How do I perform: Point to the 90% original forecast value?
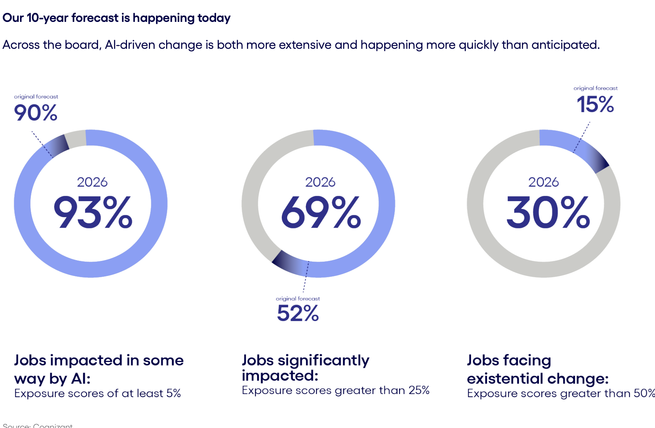click(36, 113)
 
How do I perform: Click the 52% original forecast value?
click(298, 313)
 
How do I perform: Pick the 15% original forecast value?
click(595, 104)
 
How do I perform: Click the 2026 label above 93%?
click(92, 182)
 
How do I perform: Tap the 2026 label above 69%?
click(320, 182)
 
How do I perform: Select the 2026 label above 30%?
click(543, 182)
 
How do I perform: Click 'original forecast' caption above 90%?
click(36, 96)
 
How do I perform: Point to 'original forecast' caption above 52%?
click(298, 299)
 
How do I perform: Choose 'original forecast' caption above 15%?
click(596, 88)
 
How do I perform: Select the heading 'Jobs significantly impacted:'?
click(305, 367)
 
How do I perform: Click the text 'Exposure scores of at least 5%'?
click(97, 393)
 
